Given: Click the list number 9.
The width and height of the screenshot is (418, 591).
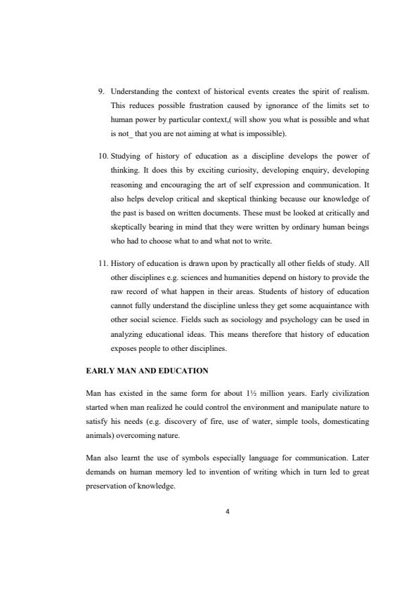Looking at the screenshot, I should point(100,92).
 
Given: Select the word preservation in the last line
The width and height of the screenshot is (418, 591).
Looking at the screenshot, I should point(108,484).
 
